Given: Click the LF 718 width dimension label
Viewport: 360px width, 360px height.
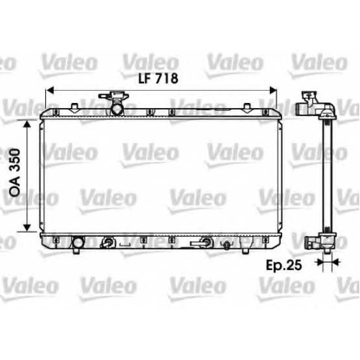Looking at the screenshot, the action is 158,78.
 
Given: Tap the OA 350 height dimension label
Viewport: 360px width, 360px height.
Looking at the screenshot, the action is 14,173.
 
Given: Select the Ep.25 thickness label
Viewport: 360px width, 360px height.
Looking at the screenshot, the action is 284,265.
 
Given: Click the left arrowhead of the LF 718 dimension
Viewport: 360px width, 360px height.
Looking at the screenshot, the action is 49,91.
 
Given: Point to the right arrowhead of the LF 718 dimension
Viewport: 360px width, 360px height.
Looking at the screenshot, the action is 274,91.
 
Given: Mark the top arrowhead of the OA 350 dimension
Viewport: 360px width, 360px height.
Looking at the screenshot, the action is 27,124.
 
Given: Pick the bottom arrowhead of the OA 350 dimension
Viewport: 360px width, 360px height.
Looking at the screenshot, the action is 27,228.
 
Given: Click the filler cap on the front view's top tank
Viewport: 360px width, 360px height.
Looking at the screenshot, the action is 114,96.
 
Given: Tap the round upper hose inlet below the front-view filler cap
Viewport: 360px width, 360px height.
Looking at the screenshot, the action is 117,109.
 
